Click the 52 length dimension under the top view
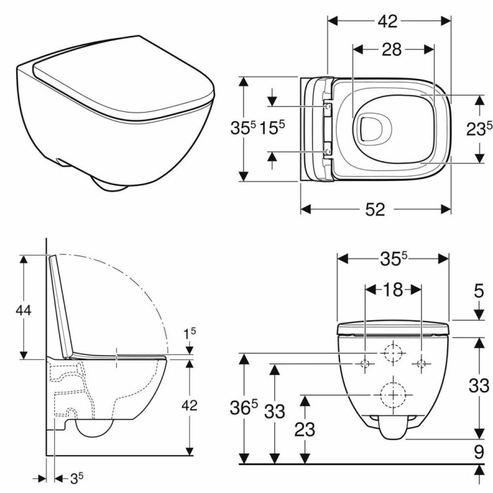point(375,209)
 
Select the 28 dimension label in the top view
point(392,50)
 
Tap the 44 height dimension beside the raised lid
point(23,311)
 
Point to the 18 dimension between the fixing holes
point(393,289)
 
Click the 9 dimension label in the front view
point(478,452)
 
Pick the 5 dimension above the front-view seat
point(478,291)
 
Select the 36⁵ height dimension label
point(244,407)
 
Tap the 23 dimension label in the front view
point(305,430)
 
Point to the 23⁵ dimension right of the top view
point(479,128)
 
